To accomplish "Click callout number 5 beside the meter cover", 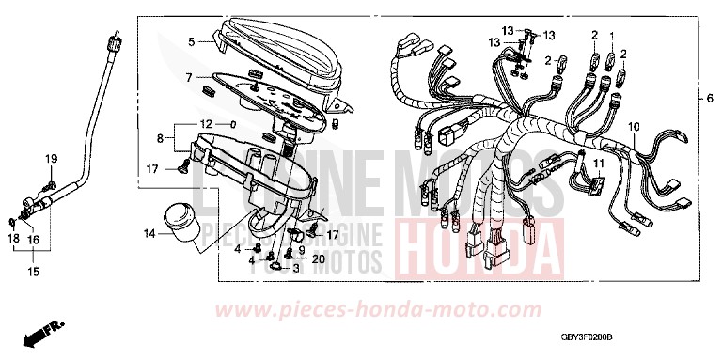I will pos(190,42).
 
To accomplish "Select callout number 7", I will pos(189,76).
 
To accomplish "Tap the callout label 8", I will pos(160,138).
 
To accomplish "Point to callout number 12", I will pos(204,124).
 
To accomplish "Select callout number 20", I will pos(319,258).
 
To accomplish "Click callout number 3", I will pos(295,269).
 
